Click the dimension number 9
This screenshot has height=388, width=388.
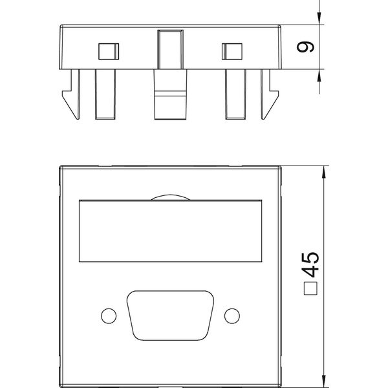click(x=305, y=47)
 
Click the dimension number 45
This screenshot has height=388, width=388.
click(x=311, y=264)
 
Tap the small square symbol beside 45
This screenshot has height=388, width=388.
click(x=310, y=288)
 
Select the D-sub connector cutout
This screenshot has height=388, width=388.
click(x=170, y=316)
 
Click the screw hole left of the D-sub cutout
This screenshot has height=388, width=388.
click(x=109, y=316)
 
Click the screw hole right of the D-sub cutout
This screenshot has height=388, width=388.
click(x=232, y=316)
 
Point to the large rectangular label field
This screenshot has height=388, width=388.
click(x=170, y=231)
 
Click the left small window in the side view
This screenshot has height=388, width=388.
click(x=109, y=52)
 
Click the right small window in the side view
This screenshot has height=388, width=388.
click(x=232, y=52)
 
